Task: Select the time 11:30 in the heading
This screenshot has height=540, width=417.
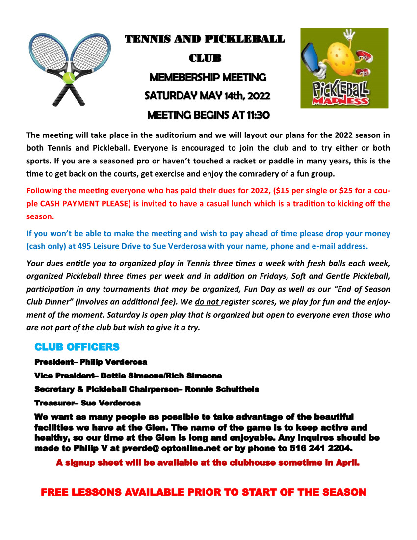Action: (257, 115)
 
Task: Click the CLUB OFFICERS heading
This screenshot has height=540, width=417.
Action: (77, 347)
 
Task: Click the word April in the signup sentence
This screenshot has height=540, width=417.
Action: (347, 462)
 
